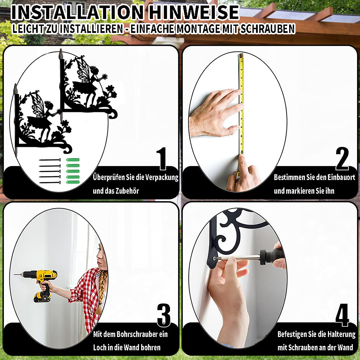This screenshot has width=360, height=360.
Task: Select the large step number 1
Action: pyautogui.click(x=162, y=159)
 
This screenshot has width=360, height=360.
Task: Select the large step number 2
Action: pyautogui.click(x=342, y=159)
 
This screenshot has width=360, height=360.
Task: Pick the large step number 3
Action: pyautogui.click(x=164, y=315)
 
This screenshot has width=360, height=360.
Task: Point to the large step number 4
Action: pyautogui.click(x=342, y=315)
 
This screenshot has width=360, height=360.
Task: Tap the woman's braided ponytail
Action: pyautogui.click(x=101, y=292)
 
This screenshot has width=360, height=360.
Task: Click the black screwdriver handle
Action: pyautogui.click(x=272, y=256)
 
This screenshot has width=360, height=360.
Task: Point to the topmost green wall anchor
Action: pyautogui.click(x=73, y=160)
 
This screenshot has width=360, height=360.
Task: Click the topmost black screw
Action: pyautogui.click(x=50, y=160)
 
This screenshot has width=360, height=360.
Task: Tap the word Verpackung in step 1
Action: pyautogui.click(x=162, y=177)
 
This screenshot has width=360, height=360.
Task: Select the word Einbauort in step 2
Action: pyautogui.click(x=341, y=177)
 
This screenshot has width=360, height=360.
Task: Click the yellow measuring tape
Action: pyautogui.click(x=241, y=104)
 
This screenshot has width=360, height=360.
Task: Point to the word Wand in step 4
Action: pyautogui.click(x=346, y=347)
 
